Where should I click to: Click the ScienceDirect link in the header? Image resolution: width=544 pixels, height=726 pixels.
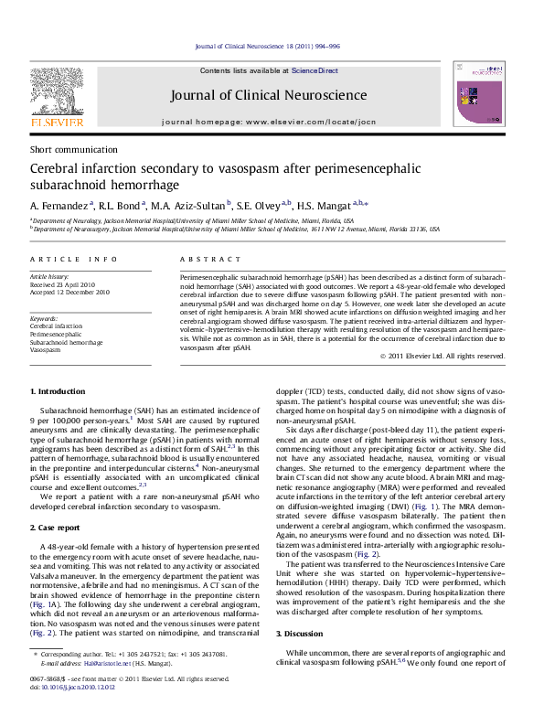click(x=315, y=70)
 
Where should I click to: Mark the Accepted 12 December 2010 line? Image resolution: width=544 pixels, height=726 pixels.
click(x=70, y=293)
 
